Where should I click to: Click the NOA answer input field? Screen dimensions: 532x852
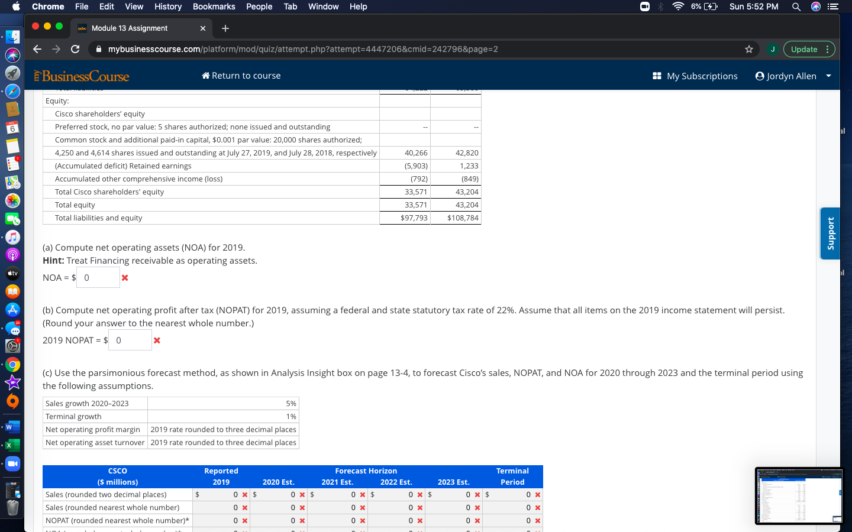click(98, 278)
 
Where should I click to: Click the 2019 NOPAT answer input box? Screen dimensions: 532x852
click(130, 340)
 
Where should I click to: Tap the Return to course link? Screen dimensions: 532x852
click(241, 76)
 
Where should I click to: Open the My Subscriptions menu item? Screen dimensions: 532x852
click(695, 76)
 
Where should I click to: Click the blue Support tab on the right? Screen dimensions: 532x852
click(830, 233)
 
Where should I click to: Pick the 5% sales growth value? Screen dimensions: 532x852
click(291, 404)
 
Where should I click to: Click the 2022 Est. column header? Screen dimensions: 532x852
click(396, 482)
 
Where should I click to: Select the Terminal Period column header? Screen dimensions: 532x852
click(512, 476)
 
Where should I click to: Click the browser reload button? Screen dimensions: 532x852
click(75, 49)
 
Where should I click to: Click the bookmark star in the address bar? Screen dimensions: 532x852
click(749, 49)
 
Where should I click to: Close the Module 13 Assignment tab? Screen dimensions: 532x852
click(203, 28)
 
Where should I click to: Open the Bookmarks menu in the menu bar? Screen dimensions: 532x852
click(214, 7)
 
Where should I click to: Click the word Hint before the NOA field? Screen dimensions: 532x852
click(53, 261)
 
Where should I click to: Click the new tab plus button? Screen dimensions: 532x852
click(225, 28)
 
